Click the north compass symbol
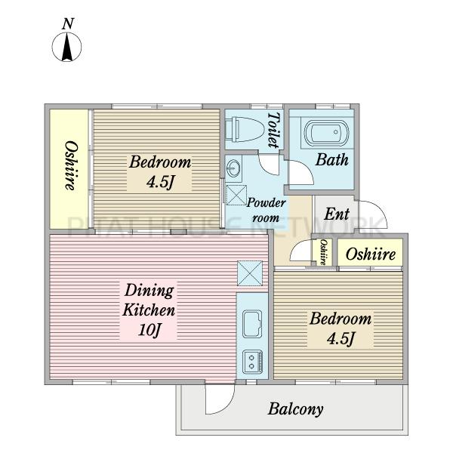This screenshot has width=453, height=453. [66, 47]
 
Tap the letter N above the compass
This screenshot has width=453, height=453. [68, 23]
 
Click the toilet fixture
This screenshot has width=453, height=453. [244, 129]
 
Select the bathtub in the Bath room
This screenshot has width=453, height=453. [327, 133]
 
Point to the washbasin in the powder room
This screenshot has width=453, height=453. [233, 168]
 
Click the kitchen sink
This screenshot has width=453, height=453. [252, 324]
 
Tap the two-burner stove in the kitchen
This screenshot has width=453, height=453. [252, 362]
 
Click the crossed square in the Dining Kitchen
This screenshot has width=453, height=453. [250, 273]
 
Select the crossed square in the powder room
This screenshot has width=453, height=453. [236, 195]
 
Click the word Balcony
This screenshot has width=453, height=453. [295, 409]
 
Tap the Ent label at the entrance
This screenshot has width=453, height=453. [337, 214]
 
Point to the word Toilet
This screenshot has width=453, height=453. [273, 130]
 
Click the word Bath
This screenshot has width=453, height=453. [332, 160]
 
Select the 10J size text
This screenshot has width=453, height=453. [149, 329]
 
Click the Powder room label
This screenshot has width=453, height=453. [266, 210]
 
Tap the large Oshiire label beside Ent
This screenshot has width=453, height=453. [371, 254]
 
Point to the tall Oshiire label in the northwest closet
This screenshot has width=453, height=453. [71, 165]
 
